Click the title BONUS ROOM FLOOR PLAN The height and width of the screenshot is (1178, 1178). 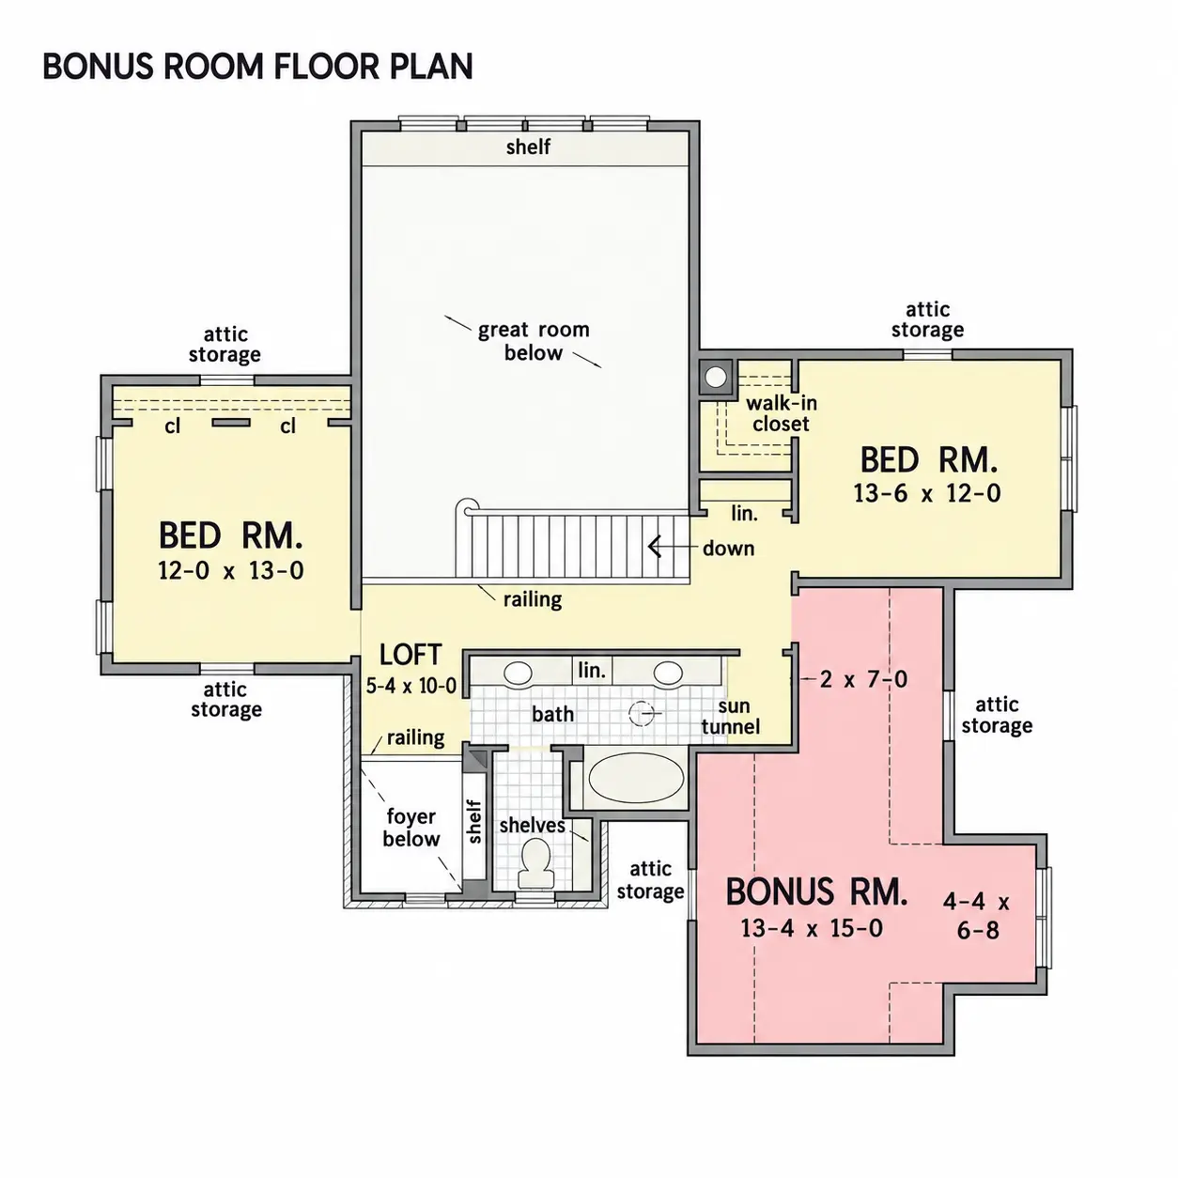click(x=257, y=66)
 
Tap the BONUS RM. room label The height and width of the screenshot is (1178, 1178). click(x=815, y=891)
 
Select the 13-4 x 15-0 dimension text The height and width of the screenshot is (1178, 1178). click(x=812, y=928)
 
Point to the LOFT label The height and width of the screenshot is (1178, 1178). click(x=411, y=655)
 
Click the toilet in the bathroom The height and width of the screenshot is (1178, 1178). click(x=536, y=863)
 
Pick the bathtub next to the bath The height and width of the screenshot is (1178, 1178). click(x=636, y=779)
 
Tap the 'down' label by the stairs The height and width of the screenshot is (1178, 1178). click(x=728, y=549)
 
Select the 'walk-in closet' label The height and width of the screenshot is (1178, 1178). click(x=782, y=413)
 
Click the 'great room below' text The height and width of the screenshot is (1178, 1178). click(x=534, y=341)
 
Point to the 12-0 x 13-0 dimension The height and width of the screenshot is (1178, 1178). click(x=231, y=570)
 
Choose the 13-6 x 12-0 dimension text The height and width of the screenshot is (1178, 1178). click(x=927, y=493)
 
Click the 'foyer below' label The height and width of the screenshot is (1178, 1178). click(x=411, y=827)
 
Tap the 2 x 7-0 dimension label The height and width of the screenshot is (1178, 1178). click(x=863, y=678)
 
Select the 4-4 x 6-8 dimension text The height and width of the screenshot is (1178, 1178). click(x=977, y=916)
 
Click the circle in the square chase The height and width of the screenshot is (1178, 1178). click(x=716, y=377)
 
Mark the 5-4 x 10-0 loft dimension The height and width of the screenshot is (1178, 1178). click(x=411, y=686)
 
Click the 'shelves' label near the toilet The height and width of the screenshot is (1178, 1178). click(x=532, y=826)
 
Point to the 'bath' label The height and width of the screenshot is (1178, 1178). click(x=552, y=714)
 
